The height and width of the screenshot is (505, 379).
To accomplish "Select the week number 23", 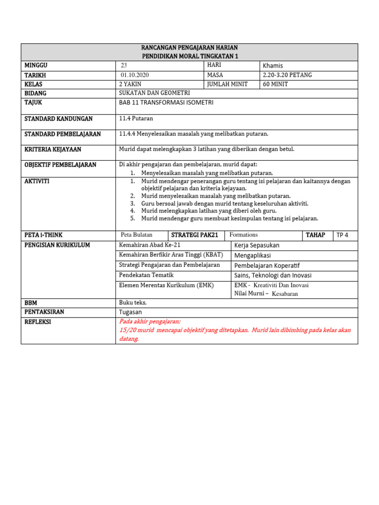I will (124, 66).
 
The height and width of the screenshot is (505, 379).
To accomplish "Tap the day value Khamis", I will (273, 66).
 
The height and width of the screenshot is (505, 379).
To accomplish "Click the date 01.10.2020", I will (134, 75).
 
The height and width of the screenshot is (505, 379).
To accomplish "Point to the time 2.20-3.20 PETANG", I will (287, 75).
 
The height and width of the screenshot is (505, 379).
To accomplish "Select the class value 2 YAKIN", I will (130, 84).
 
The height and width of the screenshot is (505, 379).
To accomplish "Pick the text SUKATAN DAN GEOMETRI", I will (154, 93).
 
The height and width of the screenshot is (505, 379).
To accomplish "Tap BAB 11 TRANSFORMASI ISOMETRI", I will (166, 103).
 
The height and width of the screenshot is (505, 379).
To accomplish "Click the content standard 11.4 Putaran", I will (136, 119).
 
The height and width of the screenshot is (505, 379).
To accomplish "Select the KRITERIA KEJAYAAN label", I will (53, 149).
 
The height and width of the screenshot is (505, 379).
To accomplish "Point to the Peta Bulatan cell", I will (137, 235).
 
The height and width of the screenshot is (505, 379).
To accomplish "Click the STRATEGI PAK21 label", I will (194, 235).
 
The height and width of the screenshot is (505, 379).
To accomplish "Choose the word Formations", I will (243, 235).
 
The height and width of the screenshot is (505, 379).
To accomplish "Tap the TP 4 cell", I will (342, 235).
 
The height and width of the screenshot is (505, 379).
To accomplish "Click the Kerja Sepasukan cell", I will (257, 245).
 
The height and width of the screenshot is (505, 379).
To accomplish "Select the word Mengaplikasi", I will (253, 255).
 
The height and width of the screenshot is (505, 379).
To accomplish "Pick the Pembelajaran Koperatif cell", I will (266, 265).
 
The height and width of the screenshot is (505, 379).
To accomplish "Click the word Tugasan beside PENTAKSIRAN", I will (130, 312).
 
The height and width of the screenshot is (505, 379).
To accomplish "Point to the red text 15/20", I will (127, 330).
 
